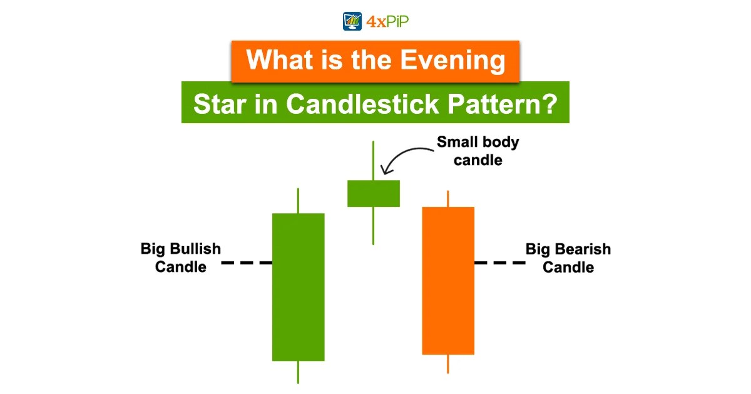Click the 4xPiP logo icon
353,21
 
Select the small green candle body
373,193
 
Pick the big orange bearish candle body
448,280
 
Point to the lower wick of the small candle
373,225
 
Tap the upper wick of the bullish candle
298,200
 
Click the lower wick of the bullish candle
298,372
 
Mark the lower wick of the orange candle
448,364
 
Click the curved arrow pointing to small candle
404,156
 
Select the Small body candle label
478,151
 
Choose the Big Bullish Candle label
181,258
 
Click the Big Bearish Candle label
568,258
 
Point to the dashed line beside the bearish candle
499,263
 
